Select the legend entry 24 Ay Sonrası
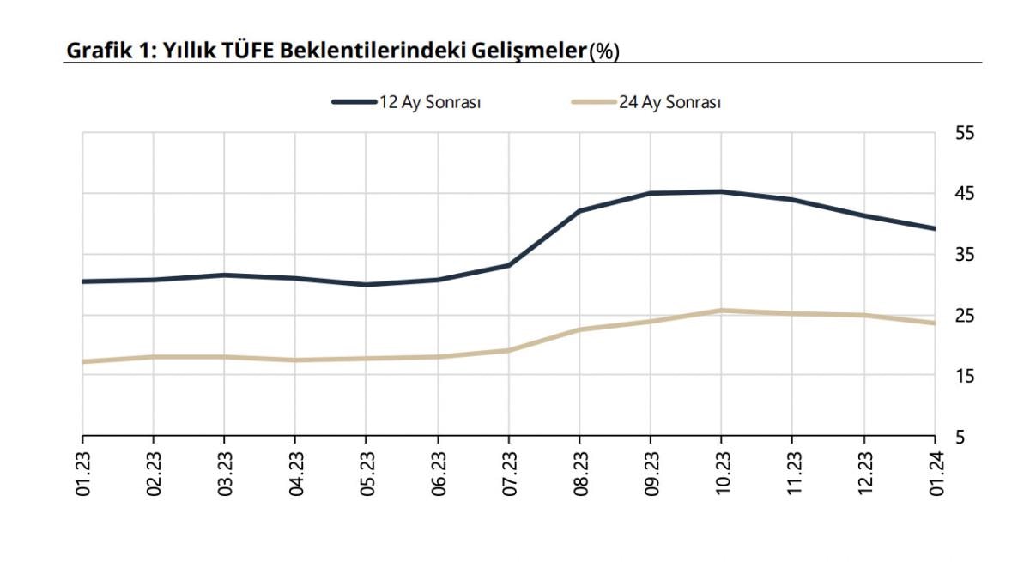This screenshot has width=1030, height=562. pyautogui.click(x=669, y=102)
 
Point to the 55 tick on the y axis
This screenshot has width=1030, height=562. pyautogui.click(x=965, y=134)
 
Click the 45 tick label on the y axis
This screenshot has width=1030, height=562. pyautogui.click(x=965, y=194)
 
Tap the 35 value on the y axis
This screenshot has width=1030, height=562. pyautogui.click(x=965, y=255)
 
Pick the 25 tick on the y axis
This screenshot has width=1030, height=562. pyautogui.click(x=965, y=316)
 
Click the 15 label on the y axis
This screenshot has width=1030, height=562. pyautogui.click(x=965, y=377)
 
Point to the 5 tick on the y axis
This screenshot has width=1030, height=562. pyautogui.click(x=960, y=438)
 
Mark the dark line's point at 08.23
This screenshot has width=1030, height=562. pyautogui.click(x=579, y=210)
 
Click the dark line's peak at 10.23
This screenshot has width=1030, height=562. pyautogui.click(x=721, y=191)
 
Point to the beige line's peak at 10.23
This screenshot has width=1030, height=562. pyautogui.click(x=721, y=311)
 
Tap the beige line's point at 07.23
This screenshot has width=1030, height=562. pyautogui.click(x=508, y=350)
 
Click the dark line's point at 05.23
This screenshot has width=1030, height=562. pyautogui.click(x=367, y=284)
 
